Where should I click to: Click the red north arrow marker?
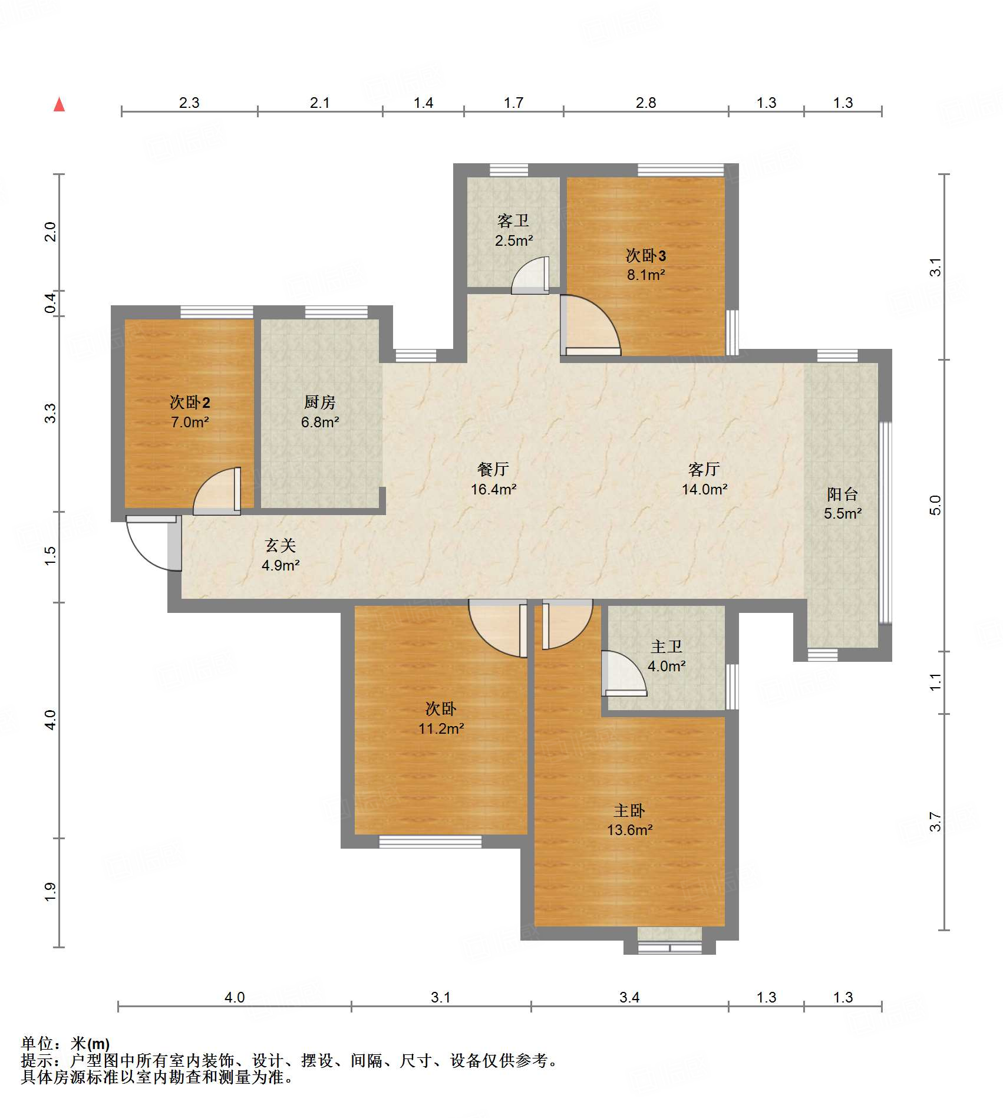[59, 104]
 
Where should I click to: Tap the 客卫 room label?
[513, 221]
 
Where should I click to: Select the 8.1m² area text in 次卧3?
[646, 275]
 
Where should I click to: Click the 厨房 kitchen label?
[320, 403]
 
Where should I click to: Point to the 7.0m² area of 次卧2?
[190, 422]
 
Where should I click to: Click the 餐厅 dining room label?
[493, 469]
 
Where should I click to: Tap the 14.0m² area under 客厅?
[704, 489]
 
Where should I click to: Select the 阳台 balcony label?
[842, 494]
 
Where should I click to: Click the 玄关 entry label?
[281, 546]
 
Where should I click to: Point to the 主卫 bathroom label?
[667, 647]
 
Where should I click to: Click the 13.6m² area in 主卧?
[629, 830]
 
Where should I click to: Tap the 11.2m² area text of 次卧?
[441, 729]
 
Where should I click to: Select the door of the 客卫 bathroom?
[530, 275]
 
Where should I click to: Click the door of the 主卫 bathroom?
[624, 673]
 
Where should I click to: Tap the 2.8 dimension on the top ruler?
[646, 103]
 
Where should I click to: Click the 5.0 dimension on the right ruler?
[935, 505]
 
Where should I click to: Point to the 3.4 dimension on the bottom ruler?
[629, 998]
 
